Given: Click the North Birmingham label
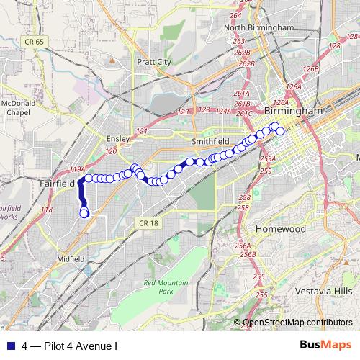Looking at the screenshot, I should pyautogui.click(x=259, y=27).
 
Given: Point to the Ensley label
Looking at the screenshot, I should pyautogui.click(x=117, y=138).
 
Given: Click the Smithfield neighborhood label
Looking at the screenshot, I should pyautogui.click(x=210, y=141).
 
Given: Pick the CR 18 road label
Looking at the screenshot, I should pyautogui.click(x=149, y=224).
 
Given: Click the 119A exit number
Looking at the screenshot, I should pyautogui.click(x=77, y=169).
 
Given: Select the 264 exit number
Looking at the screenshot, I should pyautogui.click(x=235, y=15).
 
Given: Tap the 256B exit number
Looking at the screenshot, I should pyautogui.click(x=248, y=253).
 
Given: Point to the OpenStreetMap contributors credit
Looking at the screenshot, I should pyautogui.click(x=298, y=323).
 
